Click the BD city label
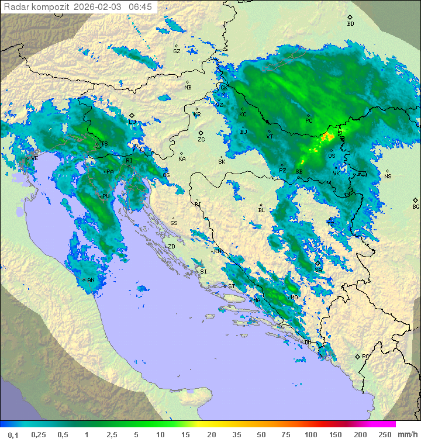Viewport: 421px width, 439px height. click(350, 24)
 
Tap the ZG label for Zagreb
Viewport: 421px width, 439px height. click(201, 140)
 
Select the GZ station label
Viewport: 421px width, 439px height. click(177, 51)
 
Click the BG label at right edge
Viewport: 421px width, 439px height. click(416, 206)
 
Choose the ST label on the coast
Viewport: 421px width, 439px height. click(232, 286)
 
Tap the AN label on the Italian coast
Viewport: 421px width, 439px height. click(91, 280)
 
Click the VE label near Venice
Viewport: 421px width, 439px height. click(34, 158)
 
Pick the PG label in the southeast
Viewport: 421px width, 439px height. click(365, 356)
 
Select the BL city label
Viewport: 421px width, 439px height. click(261, 210)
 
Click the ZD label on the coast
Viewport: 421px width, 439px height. click(171, 247)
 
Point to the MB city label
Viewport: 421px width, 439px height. click(188, 88)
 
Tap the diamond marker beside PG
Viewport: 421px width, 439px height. click(357, 356)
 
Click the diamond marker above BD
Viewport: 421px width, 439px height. click(350, 18)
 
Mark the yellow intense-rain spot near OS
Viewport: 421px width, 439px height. click(327, 136)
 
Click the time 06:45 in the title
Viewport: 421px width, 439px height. click(140, 6)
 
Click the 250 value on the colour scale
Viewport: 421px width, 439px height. click(385, 434)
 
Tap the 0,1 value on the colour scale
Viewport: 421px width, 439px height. click(13, 434)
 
